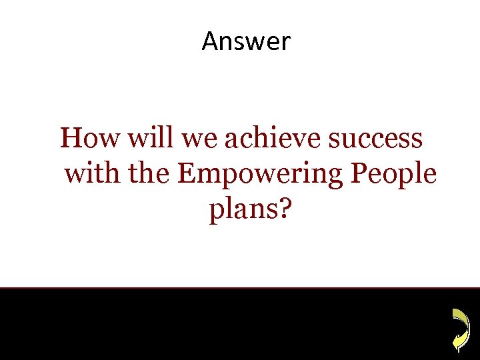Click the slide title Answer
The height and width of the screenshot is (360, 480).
(246, 41)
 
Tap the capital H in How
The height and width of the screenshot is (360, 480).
(71, 139)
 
